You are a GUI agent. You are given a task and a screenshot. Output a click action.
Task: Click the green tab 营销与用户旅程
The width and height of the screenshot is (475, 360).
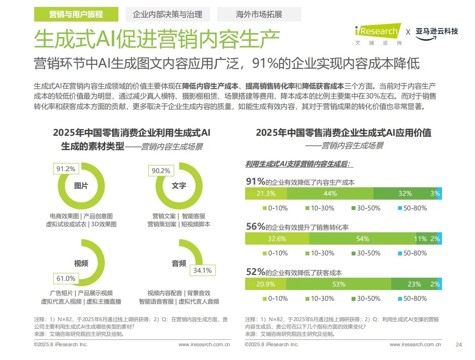click(x=76, y=15)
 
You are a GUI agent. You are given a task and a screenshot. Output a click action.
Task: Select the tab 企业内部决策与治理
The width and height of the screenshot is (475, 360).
click(x=168, y=15)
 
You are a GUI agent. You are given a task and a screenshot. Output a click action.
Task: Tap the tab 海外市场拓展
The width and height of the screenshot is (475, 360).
click(x=259, y=15)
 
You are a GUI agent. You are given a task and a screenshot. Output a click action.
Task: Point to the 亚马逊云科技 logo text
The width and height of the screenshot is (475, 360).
click(x=437, y=32)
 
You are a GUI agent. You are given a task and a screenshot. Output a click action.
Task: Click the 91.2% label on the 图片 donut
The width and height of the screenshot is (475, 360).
click(x=66, y=168)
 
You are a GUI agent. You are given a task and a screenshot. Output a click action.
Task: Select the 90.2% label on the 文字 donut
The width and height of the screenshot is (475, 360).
click(x=161, y=171)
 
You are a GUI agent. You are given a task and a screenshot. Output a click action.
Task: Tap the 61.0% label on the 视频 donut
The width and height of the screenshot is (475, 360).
click(x=66, y=278)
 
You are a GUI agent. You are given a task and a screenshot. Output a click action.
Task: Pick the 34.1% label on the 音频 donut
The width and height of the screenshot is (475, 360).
click(x=202, y=270)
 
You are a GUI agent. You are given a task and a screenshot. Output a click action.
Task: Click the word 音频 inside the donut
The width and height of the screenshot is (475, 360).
click(x=179, y=263)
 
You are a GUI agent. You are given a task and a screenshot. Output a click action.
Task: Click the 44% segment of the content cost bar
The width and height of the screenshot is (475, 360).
click(x=330, y=193)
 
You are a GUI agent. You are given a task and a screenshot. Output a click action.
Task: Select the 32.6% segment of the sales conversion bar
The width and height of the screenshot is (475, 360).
click(x=277, y=239)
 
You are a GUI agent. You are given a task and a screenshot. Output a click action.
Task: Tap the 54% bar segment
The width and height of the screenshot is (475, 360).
click(x=362, y=239)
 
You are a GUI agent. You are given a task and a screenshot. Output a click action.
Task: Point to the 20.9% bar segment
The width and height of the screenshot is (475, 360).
click(x=266, y=284)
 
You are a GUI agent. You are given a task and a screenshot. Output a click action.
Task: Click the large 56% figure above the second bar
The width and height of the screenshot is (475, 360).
click(x=256, y=227)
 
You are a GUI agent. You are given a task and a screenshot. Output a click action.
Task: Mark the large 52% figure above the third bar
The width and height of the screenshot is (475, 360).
click(x=256, y=272)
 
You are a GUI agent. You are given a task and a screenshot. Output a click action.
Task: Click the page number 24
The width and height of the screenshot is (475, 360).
click(x=458, y=344)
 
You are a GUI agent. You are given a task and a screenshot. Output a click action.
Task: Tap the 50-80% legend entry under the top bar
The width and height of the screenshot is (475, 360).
click(x=412, y=208)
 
